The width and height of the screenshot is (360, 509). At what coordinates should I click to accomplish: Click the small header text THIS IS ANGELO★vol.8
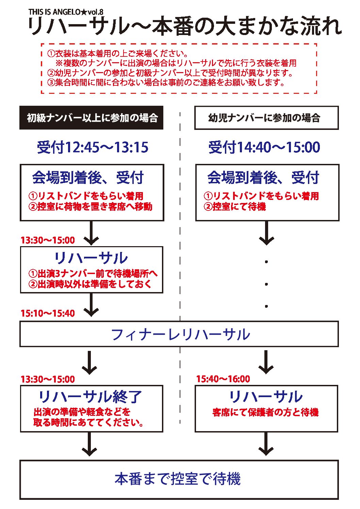tap(66, 12)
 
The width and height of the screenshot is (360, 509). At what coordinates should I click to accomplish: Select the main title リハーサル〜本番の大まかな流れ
tap(184, 27)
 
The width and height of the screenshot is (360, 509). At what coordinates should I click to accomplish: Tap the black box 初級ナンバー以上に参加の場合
tap(91, 118)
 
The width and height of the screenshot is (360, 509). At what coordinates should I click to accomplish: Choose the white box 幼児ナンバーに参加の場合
tap(266, 118)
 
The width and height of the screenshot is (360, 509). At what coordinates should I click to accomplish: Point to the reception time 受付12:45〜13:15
tap(93, 147)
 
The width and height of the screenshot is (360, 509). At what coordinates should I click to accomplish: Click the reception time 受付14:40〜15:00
tap(264, 147)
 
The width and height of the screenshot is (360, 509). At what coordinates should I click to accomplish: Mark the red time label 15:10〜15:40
tap(48, 313)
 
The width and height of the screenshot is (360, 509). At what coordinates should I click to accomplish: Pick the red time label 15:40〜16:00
tap(223, 379)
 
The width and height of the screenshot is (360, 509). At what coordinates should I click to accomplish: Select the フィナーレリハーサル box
tap(179, 334)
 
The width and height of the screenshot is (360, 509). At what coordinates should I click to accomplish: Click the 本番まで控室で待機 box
tap(179, 479)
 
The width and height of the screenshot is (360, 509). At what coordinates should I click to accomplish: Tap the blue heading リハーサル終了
tap(90, 396)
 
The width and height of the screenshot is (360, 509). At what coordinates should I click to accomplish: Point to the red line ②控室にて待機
tap(235, 206)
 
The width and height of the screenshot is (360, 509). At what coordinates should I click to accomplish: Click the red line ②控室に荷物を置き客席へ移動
tap(90, 206)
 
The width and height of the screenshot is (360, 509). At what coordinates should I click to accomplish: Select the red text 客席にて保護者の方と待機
tap(265, 412)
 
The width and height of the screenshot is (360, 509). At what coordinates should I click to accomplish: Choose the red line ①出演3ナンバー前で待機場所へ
tap(93, 274)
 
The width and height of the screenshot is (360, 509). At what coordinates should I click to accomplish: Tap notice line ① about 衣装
tap(118, 53)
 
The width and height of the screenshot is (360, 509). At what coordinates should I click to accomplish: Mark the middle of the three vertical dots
tap(266, 284)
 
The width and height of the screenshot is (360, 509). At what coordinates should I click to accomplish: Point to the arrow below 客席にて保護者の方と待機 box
tap(266, 444)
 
